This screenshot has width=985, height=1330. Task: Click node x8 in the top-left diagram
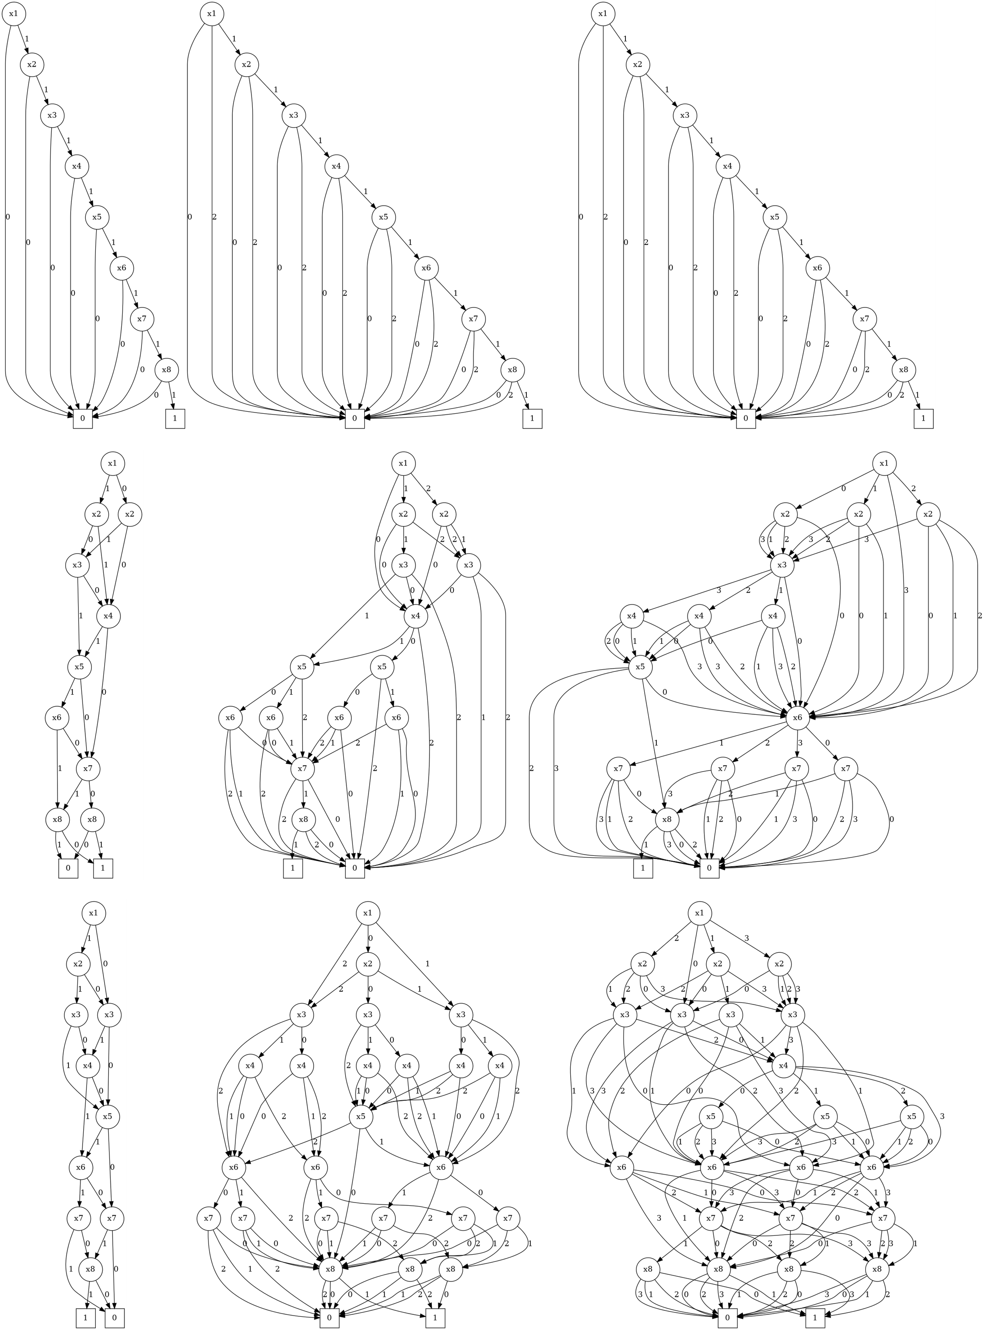[167, 370]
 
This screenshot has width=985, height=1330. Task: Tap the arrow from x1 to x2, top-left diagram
[24, 39]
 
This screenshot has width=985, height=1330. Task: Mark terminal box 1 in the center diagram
[293, 868]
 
